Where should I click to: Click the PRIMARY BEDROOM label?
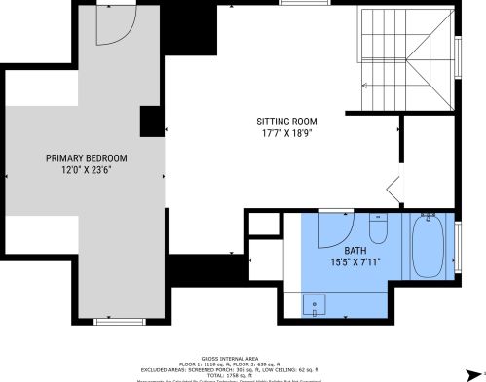click(86, 157)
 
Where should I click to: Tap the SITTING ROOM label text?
click(286, 122)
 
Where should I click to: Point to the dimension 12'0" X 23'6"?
click(86, 170)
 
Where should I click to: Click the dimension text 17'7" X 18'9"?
click(286, 134)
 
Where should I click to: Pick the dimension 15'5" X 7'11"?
click(355, 261)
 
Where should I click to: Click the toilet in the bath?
click(379, 227)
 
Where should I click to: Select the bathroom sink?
click(316, 303)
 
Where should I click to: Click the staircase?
click(406, 58)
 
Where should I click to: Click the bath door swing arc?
click(336, 226)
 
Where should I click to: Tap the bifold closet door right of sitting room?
click(394, 187)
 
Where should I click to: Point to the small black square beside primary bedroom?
click(151, 121)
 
